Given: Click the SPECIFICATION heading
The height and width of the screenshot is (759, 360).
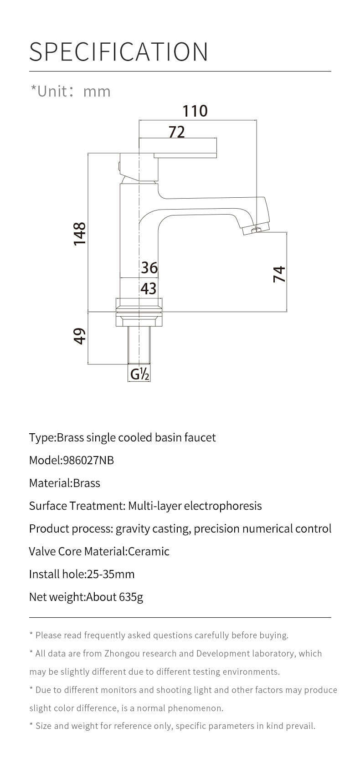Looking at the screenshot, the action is [x=118, y=52].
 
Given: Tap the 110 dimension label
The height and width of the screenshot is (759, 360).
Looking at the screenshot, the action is [x=195, y=111].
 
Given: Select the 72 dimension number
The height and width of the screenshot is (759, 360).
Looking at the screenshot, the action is [x=177, y=132].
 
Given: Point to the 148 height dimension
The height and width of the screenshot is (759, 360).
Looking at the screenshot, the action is [x=80, y=234].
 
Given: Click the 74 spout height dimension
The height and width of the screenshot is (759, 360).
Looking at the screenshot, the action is [x=279, y=274].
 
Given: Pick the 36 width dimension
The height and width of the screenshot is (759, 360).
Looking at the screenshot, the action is [x=149, y=268].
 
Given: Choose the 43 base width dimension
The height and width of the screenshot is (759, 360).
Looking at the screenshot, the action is [x=149, y=288].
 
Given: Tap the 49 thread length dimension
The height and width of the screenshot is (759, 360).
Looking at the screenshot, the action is [x=80, y=336].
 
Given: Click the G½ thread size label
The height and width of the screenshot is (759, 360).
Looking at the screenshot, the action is [x=139, y=374].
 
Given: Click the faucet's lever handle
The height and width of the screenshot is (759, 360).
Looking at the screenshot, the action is [x=185, y=155].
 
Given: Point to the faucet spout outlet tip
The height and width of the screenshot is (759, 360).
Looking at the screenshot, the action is [x=257, y=231].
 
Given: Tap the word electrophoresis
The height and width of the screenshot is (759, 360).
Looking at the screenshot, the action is [x=223, y=506].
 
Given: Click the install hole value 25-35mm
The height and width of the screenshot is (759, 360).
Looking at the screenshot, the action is [x=111, y=574].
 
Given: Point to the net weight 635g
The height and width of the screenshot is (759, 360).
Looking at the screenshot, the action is [x=131, y=597].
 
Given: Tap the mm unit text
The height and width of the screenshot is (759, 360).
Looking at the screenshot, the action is [x=97, y=92].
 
